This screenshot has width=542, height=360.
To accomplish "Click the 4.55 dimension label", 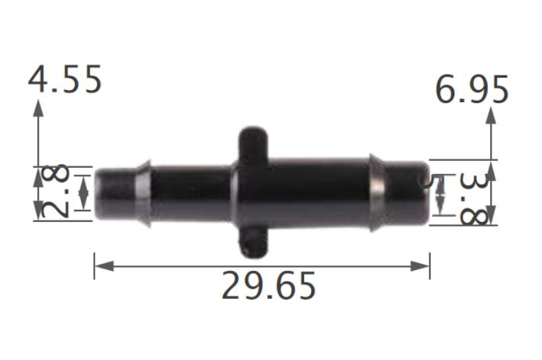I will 65,79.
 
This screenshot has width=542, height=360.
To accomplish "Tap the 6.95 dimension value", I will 472,90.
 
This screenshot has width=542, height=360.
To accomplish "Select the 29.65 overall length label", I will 268,286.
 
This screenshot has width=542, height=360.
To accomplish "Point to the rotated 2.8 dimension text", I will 56,192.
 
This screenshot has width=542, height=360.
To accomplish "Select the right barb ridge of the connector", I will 377,192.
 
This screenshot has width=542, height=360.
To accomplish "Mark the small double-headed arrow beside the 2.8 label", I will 83,192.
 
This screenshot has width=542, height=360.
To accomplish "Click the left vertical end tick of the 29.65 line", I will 94,266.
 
